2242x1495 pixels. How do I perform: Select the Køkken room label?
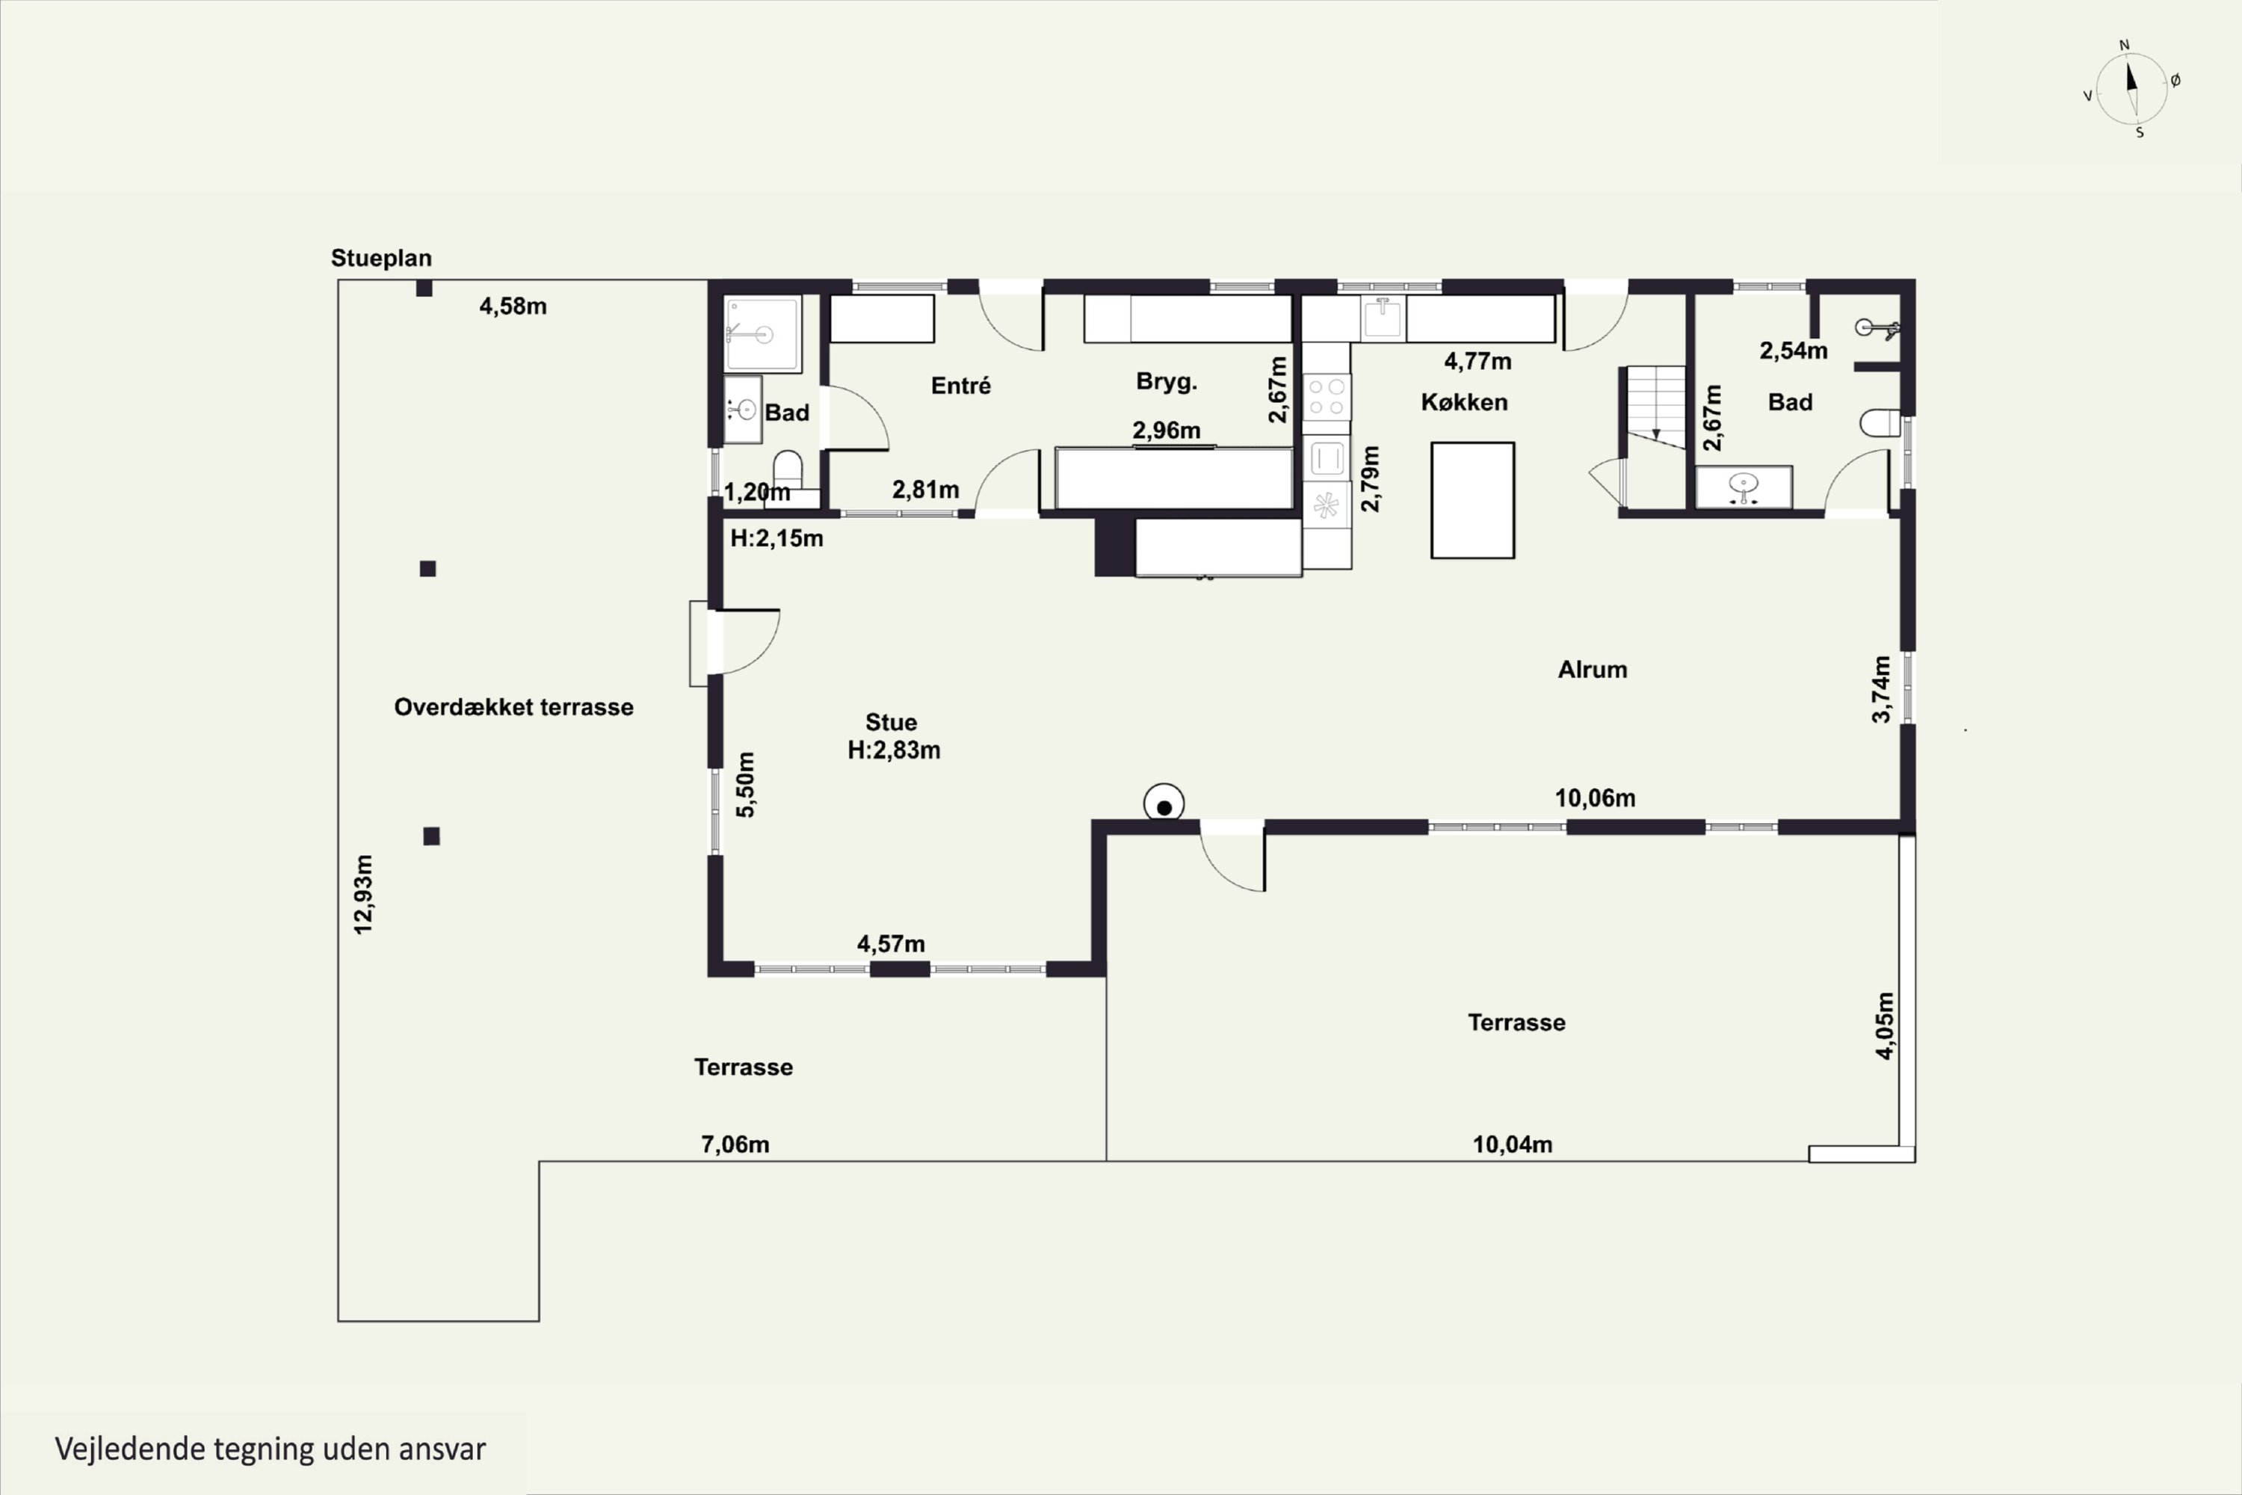tap(1464, 402)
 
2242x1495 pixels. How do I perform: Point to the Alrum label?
tap(1593, 669)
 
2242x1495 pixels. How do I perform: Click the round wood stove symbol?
tap(1164, 804)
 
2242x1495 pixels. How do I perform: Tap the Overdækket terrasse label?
tap(514, 707)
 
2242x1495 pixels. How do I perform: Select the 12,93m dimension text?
tap(363, 894)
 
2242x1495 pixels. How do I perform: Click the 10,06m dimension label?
tap(1596, 798)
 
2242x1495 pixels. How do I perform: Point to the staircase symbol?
tap(1657, 408)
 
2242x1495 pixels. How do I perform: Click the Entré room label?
tap(961, 385)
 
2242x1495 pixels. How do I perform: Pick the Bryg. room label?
tap(1167, 382)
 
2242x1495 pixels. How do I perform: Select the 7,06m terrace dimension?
tap(735, 1144)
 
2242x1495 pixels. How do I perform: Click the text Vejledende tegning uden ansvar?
tap(271, 1449)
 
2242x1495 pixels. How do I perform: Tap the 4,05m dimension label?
tap(1885, 1026)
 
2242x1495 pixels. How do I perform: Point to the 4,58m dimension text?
tap(513, 306)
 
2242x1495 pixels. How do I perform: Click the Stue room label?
tap(892, 723)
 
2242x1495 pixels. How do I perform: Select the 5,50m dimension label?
tap(745, 785)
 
